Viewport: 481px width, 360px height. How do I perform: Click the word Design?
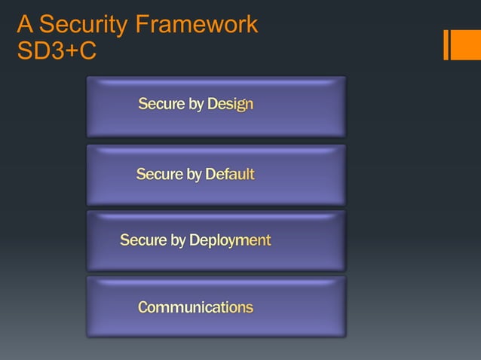(x=231, y=105)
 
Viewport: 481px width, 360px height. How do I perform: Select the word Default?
(x=230, y=175)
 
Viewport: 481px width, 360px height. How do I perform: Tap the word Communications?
(x=195, y=307)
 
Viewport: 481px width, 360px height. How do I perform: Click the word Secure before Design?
(x=161, y=105)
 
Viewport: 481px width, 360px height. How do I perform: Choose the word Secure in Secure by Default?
(x=159, y=175)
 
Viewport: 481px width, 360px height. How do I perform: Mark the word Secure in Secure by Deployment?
(x=143, y=241)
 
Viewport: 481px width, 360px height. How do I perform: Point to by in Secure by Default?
(x=194, y=175)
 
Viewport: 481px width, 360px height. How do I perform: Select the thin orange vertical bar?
(x=447, y=44)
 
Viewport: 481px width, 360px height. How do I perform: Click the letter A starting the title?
(x=25, y=25)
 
